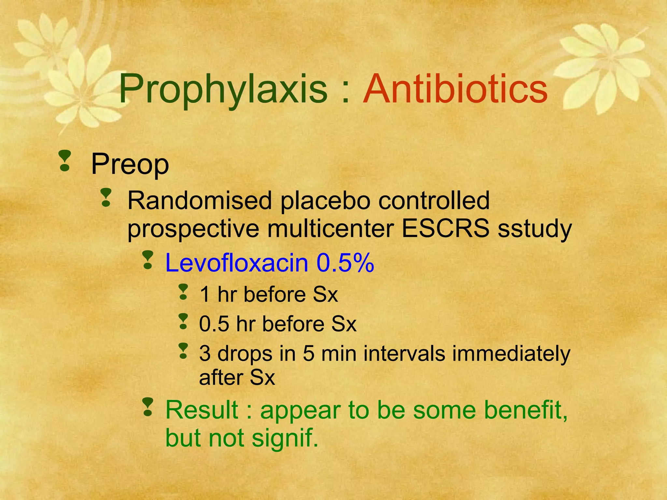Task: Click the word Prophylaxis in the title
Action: click(x=223, y=89)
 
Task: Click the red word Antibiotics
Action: click(x=455, y=89)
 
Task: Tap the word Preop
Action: click(x=130, y=164)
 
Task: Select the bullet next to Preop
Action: click(x=65, y=160)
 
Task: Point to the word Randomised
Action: click(x=199, y=201)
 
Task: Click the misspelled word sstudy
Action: click(x=534, y=229)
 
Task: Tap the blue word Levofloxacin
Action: click(x=237, y=263)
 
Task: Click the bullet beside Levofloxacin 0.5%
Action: click(x=148, y=260)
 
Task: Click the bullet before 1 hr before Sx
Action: click(x=184, y=292)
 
